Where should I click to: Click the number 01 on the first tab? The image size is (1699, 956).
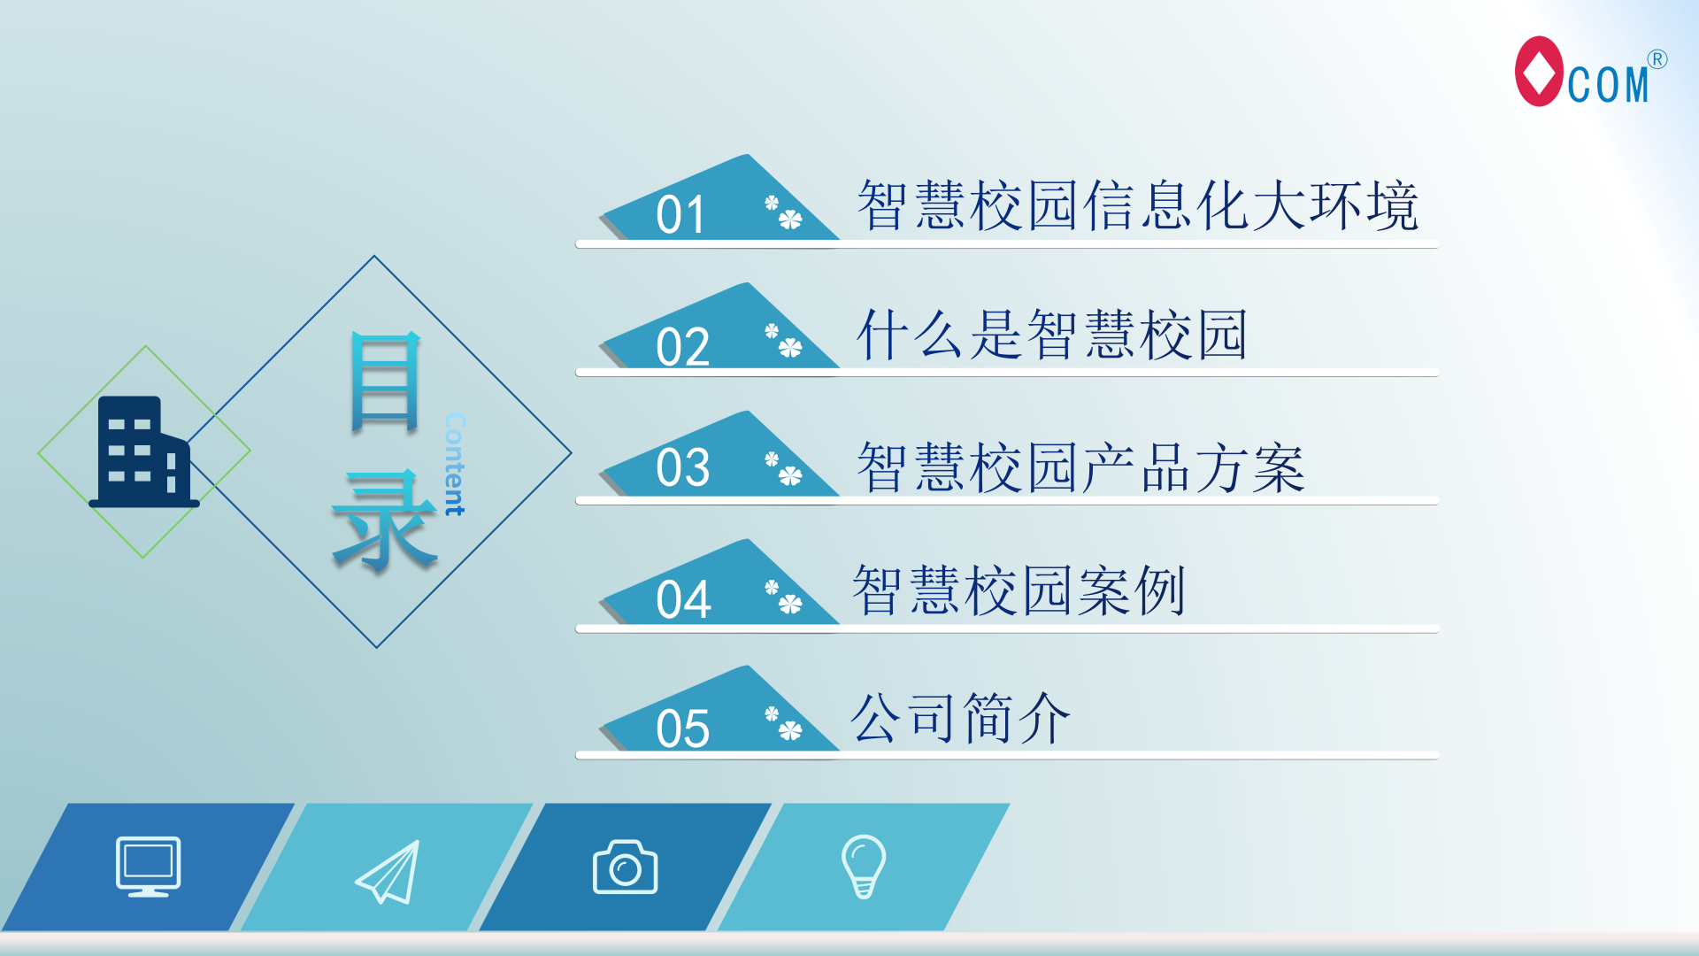[680, 215]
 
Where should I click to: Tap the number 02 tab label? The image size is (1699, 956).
[682, 346]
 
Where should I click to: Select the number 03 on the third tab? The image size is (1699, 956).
[682, 467]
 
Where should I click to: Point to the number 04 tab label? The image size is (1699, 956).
[683, 599]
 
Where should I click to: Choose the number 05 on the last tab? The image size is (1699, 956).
[682, 729]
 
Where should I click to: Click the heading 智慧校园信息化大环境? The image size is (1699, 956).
[1138, 205]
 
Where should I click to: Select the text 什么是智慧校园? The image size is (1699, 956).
[1052, 335]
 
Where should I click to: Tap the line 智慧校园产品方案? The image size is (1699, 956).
[1081, 466]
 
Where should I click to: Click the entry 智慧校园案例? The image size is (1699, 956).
[1019, 590]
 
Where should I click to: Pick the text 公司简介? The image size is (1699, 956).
[960, 718]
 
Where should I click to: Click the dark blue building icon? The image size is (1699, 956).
[144, 451]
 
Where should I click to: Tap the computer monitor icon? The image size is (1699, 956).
[149, 867]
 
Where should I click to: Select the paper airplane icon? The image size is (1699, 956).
[388, 872]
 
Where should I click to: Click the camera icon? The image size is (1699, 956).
[625, 867]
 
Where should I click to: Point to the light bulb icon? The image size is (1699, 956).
[864, 866]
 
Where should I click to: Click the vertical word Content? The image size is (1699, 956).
[455, 464]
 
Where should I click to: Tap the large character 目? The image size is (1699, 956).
[385, 382]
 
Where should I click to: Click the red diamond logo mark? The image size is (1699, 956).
[1539, 71]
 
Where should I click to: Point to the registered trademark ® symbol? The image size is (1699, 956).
[1657, 59]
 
